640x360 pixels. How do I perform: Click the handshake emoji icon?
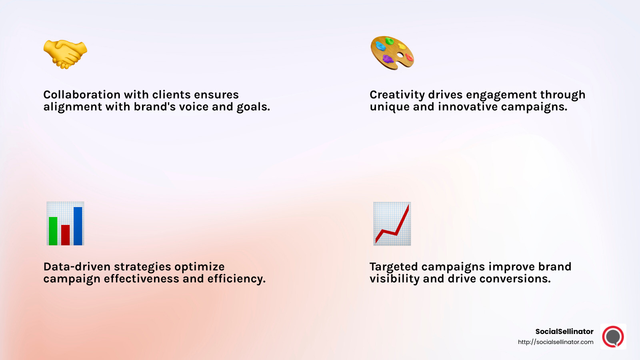click(x=65, y=54)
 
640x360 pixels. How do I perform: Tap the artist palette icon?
click(x=392, y=53)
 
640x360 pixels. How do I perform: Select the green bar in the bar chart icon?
click(x=53, y=231)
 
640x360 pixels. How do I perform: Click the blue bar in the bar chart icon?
click(x=78, y=226)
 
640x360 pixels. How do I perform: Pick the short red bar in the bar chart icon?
click(x=66, y=235)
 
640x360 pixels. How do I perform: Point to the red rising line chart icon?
click(x=392, y=224)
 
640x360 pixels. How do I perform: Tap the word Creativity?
click(x=397, y=95)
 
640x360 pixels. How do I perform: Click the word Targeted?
click(x=394, y=267)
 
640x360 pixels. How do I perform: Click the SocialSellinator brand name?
click(x=564, y=332)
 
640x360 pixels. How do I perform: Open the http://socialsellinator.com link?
click(x=556, y=342)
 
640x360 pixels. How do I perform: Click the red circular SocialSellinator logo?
click(x=613, y=337)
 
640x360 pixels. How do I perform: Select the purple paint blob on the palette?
click(x=388, y=59)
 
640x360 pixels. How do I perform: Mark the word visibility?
click(x=394, y=279)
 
